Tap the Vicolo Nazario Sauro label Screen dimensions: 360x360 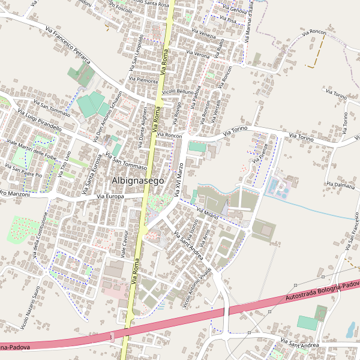point(30,309)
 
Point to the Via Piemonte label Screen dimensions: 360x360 point(143,80)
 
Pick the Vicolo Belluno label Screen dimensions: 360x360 point(178,91)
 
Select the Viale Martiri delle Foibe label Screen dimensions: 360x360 point(29,151)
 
